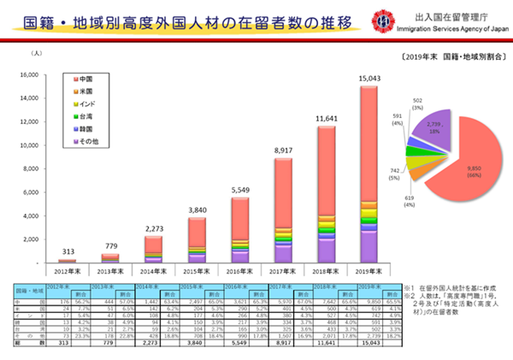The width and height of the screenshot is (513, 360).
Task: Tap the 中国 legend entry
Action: coord(88,80)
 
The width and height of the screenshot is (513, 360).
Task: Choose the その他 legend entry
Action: coord(90,139)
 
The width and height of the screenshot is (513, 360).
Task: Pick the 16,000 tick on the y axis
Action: coord(27,74)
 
